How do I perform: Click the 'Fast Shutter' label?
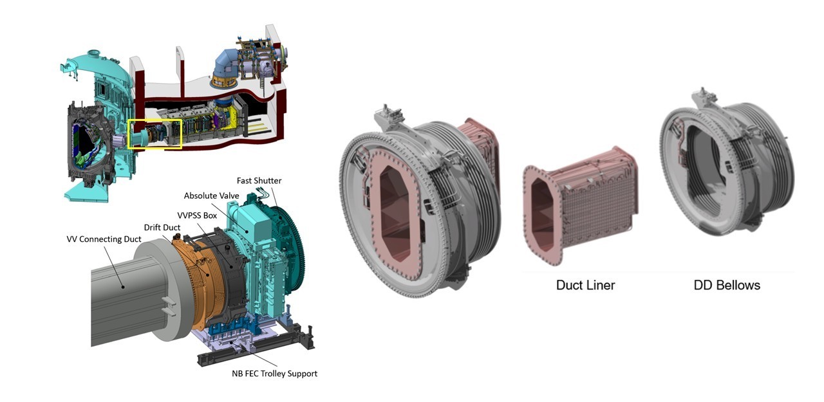pos(259,181)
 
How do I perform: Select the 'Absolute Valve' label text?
pos(212,196)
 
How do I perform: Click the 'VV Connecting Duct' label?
pos(103,239)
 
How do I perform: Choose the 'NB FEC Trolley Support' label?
pos(274,373)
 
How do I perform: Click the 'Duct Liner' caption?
pos(585,284)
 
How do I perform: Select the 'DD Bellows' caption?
pos(727,284)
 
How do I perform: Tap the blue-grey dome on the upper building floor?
pos(226,64)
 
